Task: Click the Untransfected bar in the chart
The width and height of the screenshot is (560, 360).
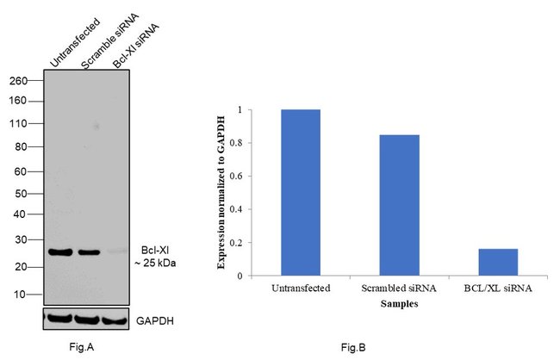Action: [300, 193]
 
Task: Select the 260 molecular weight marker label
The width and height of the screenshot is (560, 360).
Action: [19, 81]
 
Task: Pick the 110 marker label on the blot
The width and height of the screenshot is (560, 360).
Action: [19, 123]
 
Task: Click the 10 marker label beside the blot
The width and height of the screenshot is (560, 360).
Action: [22, 295]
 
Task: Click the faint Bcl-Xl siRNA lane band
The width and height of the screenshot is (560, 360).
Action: [115, 252]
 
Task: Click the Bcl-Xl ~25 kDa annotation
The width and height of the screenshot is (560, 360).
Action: [158, 255]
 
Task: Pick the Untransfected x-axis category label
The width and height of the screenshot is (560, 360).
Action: [300, 287]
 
